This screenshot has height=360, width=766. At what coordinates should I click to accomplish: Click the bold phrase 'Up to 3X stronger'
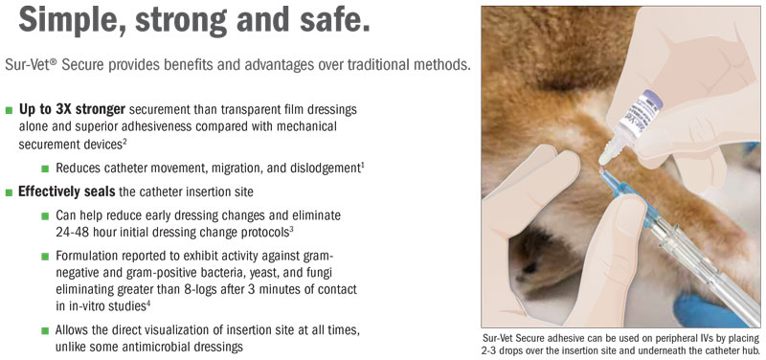[x=73, y=109]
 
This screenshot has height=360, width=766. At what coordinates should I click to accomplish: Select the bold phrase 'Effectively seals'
[x=66, y=191]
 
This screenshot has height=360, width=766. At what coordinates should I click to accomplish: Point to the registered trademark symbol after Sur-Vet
[x=54, y=62]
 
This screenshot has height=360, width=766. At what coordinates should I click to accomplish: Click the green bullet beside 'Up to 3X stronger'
[x=9, y=110]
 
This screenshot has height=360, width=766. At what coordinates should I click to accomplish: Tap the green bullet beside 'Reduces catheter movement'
[x=45, y=169]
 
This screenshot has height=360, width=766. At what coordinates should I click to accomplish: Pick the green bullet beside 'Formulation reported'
[x=45, y=256]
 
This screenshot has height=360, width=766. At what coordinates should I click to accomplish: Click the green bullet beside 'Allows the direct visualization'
[x=45, y=330]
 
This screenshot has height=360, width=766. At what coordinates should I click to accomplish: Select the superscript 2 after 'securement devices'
[x=124, y=142]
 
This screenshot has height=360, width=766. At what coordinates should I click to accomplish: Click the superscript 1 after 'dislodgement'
[x=363, y=165]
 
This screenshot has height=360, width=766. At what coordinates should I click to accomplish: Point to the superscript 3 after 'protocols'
[x=291, y=230]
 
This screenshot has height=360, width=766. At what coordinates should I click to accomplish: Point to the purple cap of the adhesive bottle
[x=653, y=100]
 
